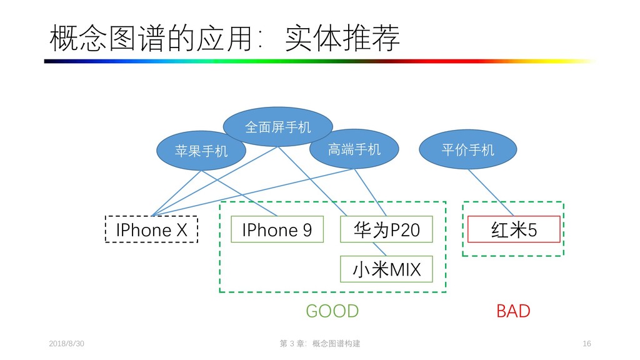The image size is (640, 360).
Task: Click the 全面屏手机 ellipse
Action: pyautogui.click(x=278, y=127)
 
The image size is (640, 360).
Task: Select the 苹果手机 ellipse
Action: pyautogui.click(x=201, y=150)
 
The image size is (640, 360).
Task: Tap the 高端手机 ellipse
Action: pyautogui.click(x=354, y=149)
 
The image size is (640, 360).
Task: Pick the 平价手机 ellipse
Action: pyautogui.click(x=467, y=149)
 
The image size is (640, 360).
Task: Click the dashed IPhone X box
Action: pyautogui.click(x=151, y=229)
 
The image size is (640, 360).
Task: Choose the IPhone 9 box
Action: pyautogui.click(x=277, y=229)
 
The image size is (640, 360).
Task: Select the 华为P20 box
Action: pyautogui.click(x=386, y=229)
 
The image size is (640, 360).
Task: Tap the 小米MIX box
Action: pyautogui.click(x=386, y=269)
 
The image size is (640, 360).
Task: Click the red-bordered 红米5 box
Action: pyautogui.click(x=514, y=229)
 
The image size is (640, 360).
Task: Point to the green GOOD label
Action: pyautogui.click(x=332, y=311)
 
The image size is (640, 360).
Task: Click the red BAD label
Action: pyautogui.click(x=512, y=311)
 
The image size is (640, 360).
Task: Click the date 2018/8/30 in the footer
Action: pyautogui.click(x=67, y=344)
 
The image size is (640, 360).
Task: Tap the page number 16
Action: pyautogui.click(x=586, y=344)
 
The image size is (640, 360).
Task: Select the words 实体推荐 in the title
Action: pyautogui.click(x=341, y=39)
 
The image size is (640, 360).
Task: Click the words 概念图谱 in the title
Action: pyautogui.click(x=106, y=39)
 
